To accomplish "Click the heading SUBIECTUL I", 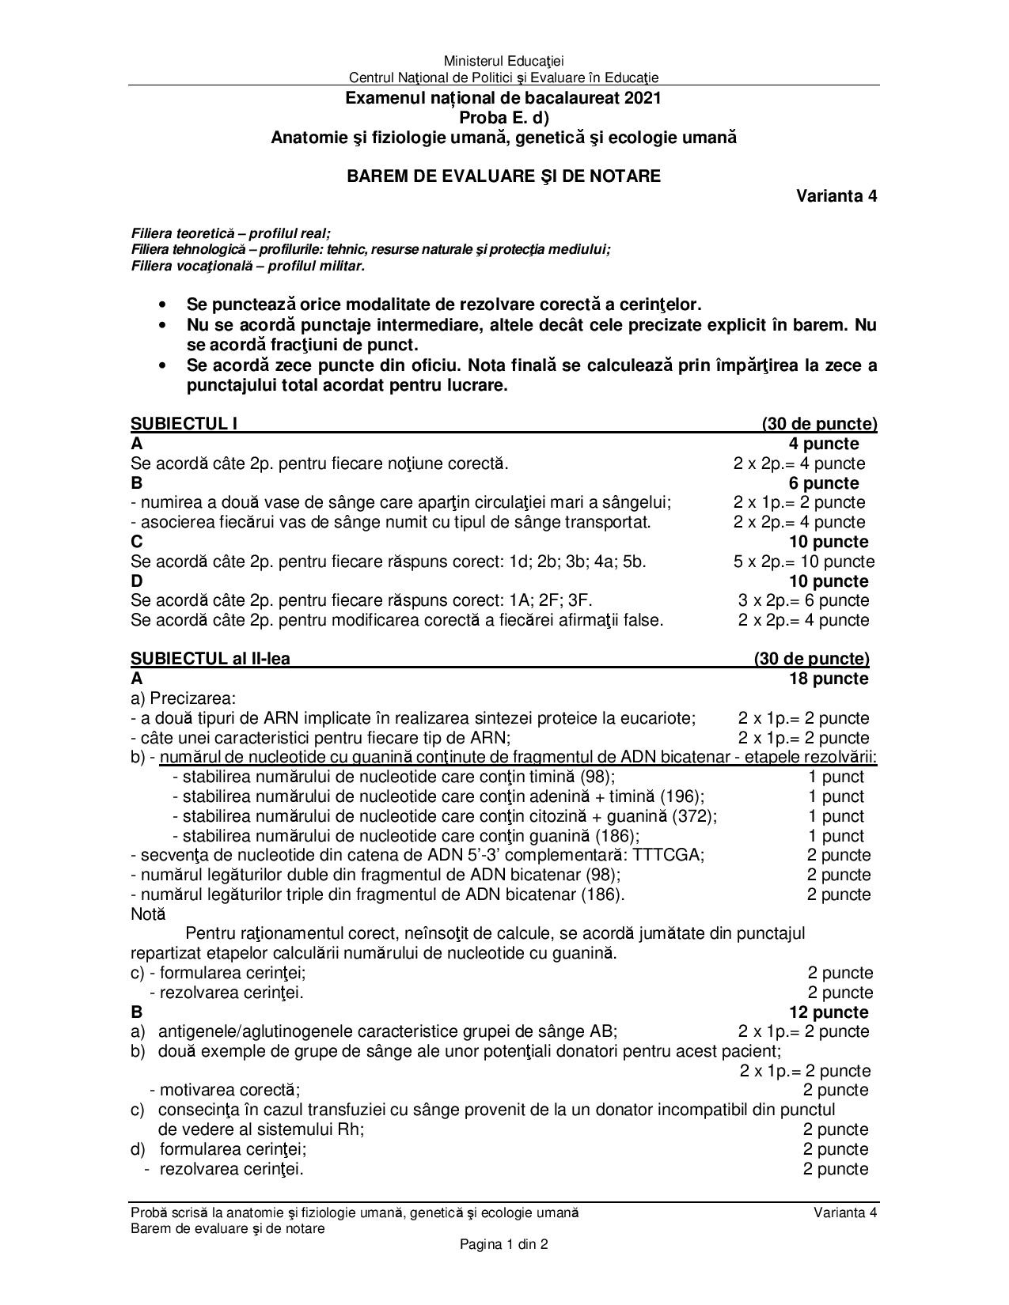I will click(x=184, y=424).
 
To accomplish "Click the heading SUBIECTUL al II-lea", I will click(x=211, y=659).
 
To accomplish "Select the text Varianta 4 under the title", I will click(x=836, y=196).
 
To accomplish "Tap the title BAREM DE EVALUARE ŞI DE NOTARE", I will click(x=503, y=176).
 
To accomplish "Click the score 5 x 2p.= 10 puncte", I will click(x=803, y=562).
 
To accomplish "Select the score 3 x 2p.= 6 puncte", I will click(x=803, y=600).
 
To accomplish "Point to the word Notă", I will click(x=148, y=914).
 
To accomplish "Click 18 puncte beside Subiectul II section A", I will click(x=828, y=679).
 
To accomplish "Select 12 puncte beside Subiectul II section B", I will click(x=828, y=1012).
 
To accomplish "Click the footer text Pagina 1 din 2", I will click(x=504, y=1244).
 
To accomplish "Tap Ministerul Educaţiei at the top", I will click(x=503, y=61).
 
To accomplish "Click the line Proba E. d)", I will click(x=503, y=118).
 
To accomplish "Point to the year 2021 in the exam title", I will click(x=642, y=99).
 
